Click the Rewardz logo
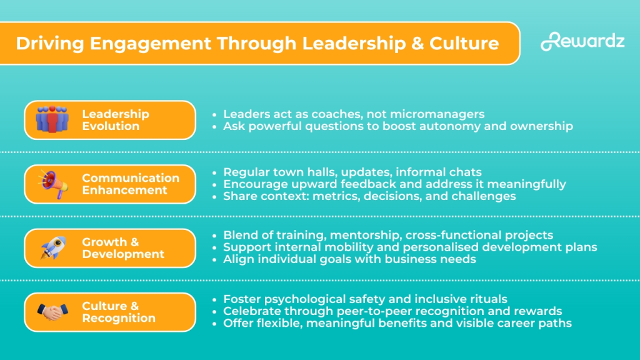point(582,41)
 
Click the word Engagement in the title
point(151,44)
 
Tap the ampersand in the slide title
point(417,43)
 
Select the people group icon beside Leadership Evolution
point(52,119)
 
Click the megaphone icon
point(53,184)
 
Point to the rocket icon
point(54,247)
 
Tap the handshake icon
point(52,312)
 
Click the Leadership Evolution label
point(116,120)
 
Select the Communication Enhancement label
point(131,184)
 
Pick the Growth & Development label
point(123,248)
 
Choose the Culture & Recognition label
point(119,312)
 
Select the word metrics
point(336,196)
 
